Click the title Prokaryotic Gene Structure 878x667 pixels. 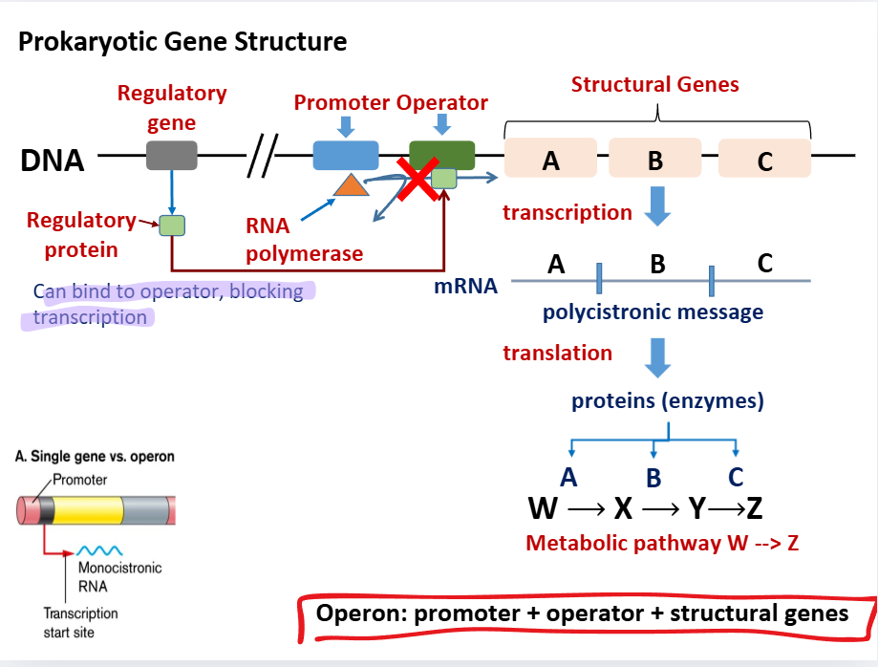[x=182, y=42]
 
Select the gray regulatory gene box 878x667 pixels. [x=171, y=156]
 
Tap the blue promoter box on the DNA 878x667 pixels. [x=345, y=155]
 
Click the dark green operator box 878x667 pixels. [x=441, y=153]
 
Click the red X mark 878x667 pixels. [x=418, y=181]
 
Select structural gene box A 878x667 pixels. [x=550, y=159]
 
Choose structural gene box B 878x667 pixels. [x=654, y=159]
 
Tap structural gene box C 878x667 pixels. [x=764, y=159]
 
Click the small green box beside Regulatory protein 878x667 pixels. [x=171, y=226]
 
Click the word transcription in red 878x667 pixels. [x=567, y=212]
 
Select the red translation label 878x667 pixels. [x=558, y=353]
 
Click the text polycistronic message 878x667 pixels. [x=653, y=312]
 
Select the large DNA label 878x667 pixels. [x=53, y=161]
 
